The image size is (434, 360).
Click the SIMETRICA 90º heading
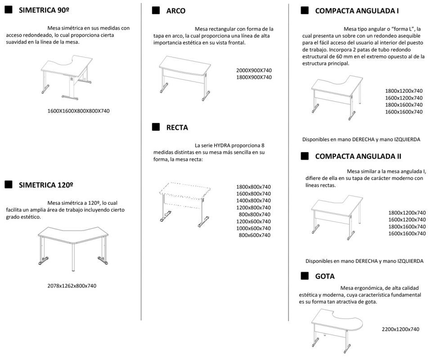pos(44,10)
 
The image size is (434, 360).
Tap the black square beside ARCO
pos(156,11)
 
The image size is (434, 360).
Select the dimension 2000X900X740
pos(254,70)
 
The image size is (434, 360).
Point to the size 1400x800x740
pos(254,200)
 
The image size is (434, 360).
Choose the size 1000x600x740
pos(254,228)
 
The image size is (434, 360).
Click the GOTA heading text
pos(325,276)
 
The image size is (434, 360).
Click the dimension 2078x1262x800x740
pos(72,286)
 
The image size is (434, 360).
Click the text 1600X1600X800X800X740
pos(79,111)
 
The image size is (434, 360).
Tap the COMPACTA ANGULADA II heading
pos(358,157)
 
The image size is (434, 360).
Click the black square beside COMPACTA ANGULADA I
pos(304,11)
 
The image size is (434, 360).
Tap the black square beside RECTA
pos(156,127)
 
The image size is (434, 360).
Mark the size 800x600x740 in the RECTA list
pos(255,235)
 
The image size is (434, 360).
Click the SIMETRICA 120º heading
pos(46,184)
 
